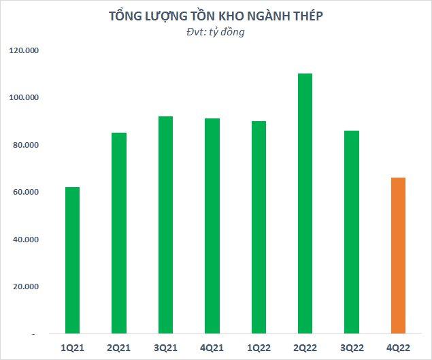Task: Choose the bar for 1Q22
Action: click(x=259, y=228)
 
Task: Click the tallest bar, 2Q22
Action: click(x=305, y=204)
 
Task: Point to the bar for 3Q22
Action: click(x=352, y=232)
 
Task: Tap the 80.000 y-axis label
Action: click(x=25, y=146)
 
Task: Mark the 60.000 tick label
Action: click(x=25, y=193)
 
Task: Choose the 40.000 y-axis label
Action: click(x=25, y=240)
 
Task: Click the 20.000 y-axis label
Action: click(x=25, y=287)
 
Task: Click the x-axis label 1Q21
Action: click(x=72, y=347)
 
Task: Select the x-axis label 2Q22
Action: click(x=305, y=347)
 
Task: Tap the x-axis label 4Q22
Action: click(x=398, y=347)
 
